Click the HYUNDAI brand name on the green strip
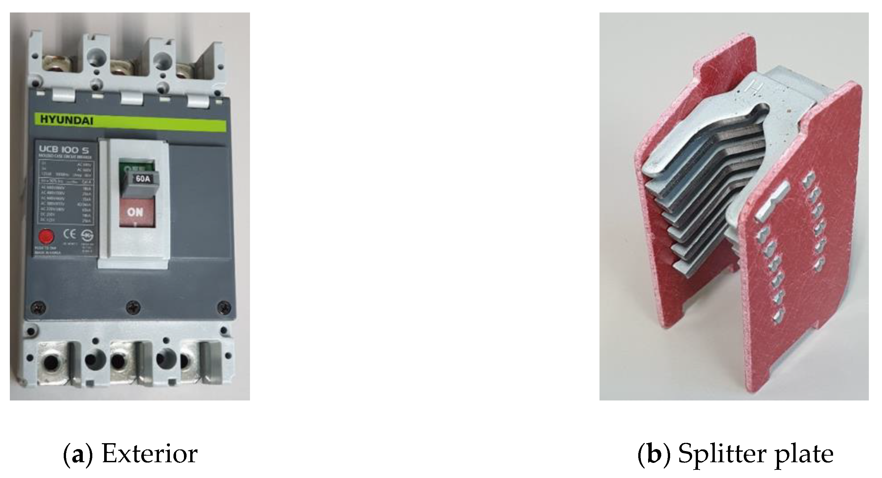pos(67,120)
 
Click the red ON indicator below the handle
pos(135,212)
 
